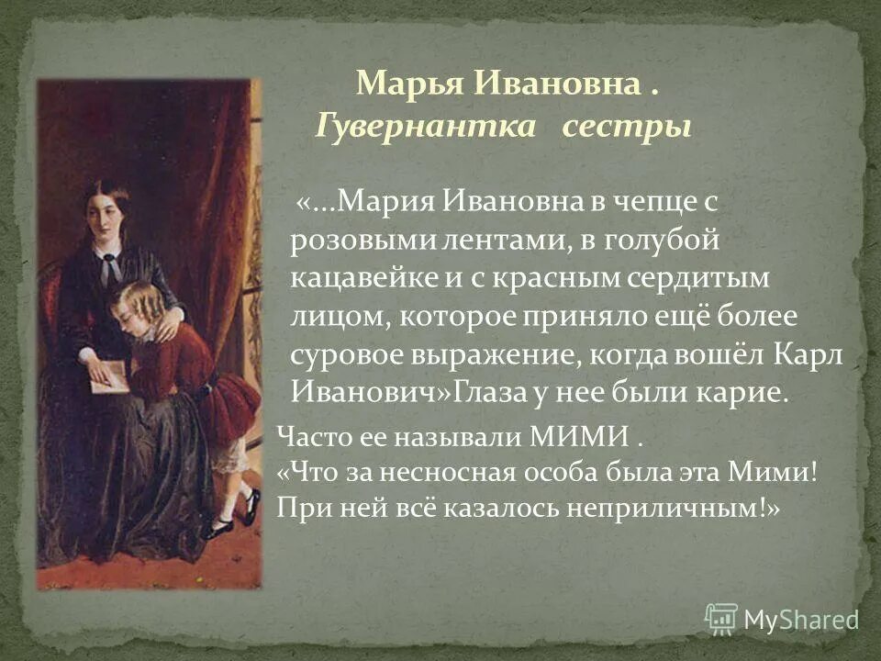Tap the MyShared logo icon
coord(721,619)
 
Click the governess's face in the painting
coord(106,212)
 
